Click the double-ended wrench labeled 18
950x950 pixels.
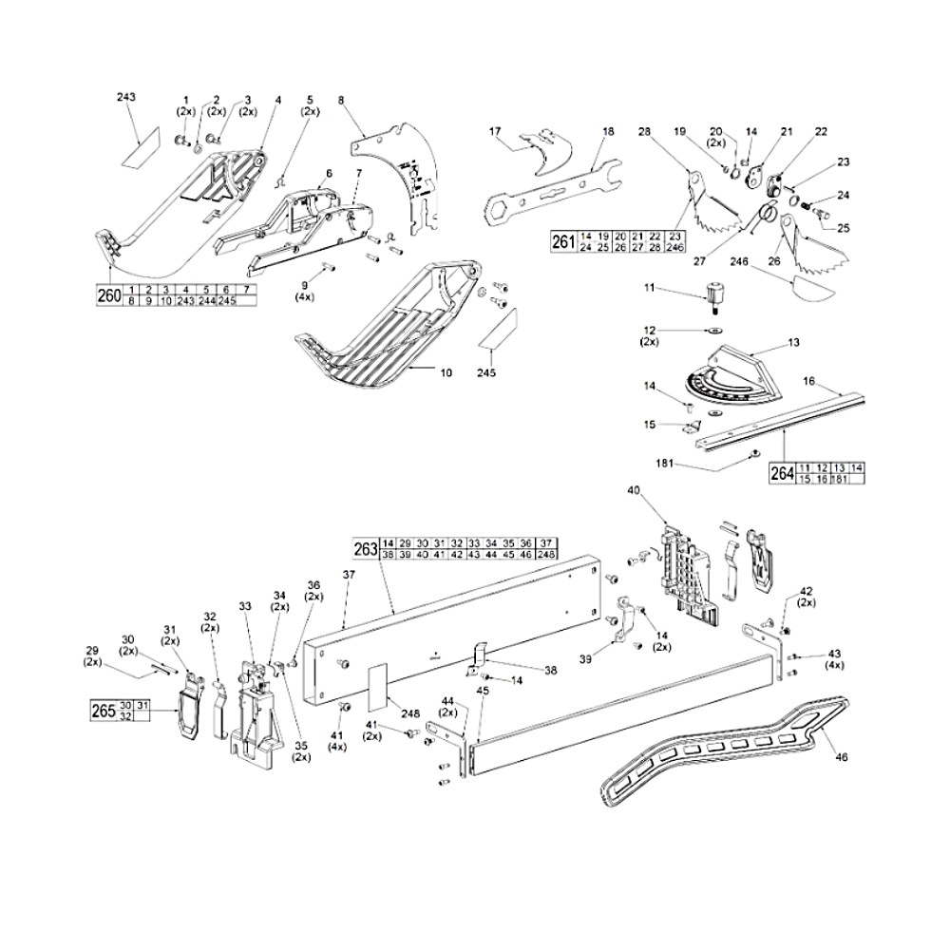546,184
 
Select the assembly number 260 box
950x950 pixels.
109,295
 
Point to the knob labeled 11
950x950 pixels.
713,294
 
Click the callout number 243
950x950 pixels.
126,98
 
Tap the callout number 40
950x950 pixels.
635,491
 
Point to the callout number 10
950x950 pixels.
446,372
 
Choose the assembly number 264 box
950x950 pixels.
782,472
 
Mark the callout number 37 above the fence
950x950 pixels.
349,575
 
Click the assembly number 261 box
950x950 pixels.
563,241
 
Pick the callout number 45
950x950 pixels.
483,691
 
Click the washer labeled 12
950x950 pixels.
711,332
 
